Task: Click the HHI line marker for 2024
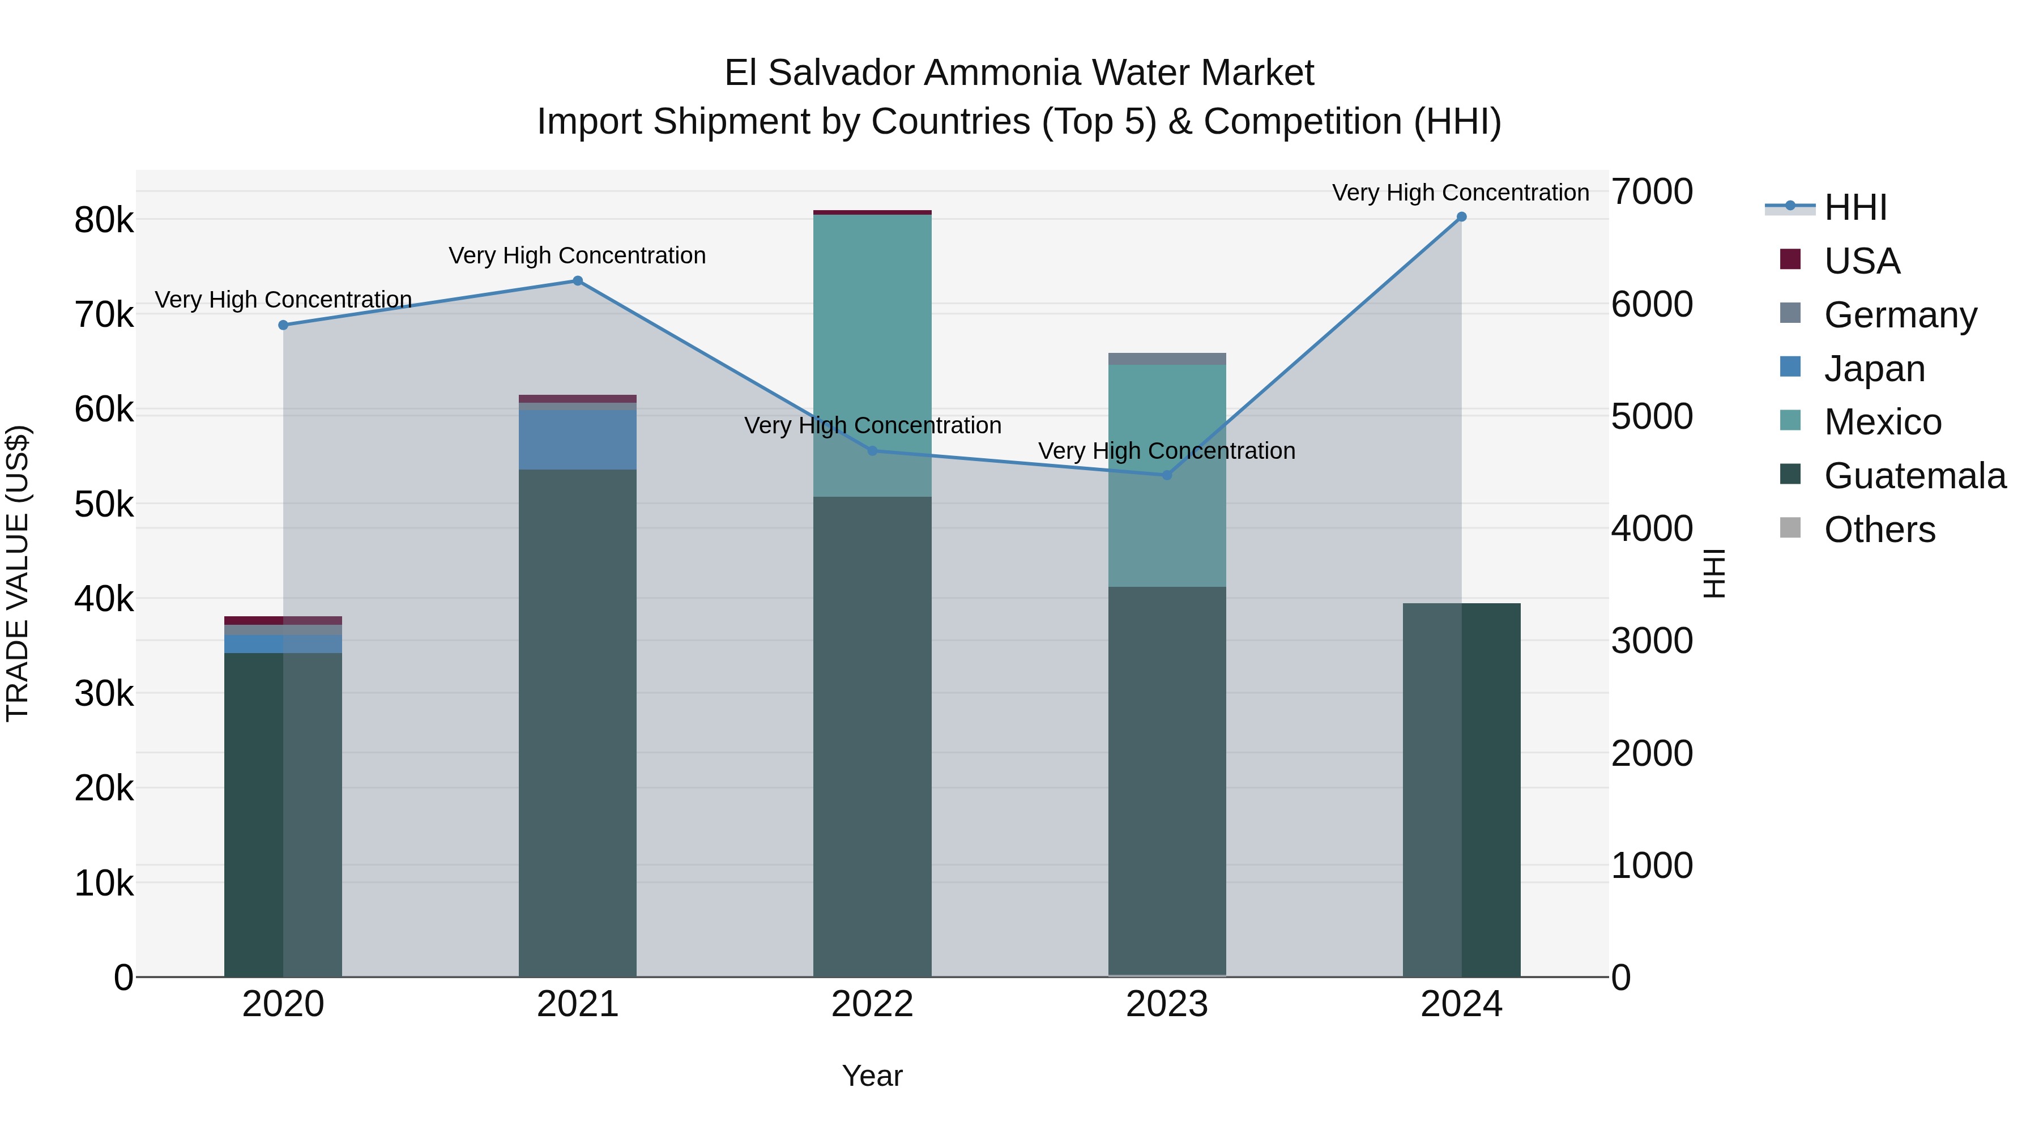pyautogui.click(x=1461, y=217)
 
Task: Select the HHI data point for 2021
pyautogui.click(x=578, y=281)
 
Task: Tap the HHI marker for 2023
pyautogui.click(x=1167, y=475)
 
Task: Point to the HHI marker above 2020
pyautogui.click(x=283, y=325)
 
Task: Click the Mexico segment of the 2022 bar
pyautogui.click(x=872, y=332)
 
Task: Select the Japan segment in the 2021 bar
pyautogui.click(x=578, y=440)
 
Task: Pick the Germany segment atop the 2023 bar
pyautogui.click(x=1167, y=359)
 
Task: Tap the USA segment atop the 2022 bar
pyautogui.click(x=872, y=212)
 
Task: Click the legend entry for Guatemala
pyautogui.click(x=1915, y=476)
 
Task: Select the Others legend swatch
pyautogui.click(x=1790, y=528)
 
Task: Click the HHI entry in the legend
pyautogui.click(x=1855, y=207)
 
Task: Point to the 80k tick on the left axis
pyautogui.click(x=104, y=220)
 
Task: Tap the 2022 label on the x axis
pyautogui.click(x=872, y=1004)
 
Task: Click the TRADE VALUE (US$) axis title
pyautogui.click(x=18, y=573)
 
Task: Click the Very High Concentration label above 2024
pyautogui.click(x=1460, y=193)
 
